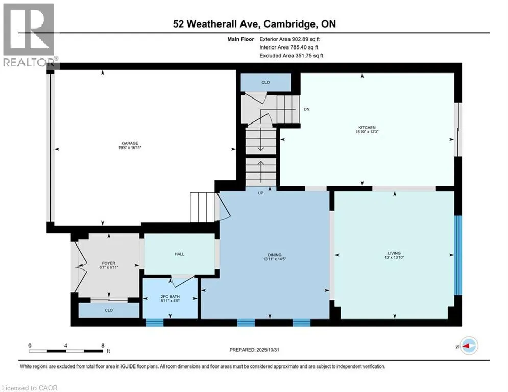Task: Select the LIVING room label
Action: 394,253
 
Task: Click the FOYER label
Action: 108,264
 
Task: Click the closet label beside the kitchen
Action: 265,82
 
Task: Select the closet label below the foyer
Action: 108,310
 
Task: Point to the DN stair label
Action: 306,109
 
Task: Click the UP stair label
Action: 260,193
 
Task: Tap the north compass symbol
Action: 469,347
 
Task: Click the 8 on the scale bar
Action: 103,345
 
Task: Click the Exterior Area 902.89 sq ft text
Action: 289,39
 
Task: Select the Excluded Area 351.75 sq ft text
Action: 291,56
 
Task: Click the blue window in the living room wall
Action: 458,255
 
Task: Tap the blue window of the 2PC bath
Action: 154,322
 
